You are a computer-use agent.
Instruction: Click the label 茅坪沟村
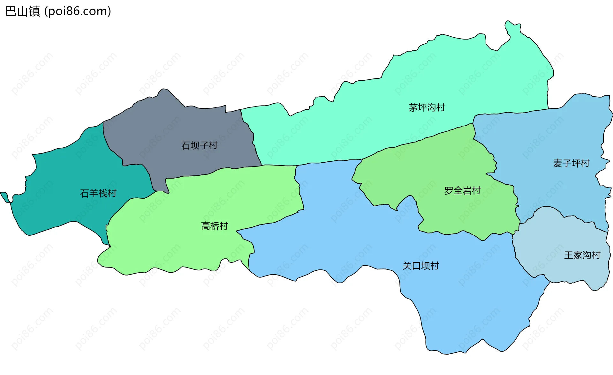click(x=427, y=107)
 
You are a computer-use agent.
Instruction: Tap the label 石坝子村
click(x=199, y=145)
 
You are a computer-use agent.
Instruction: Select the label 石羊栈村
click(x=98, y=193)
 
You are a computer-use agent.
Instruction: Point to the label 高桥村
click(x=215, y=226)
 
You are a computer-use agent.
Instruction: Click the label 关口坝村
click(x=420, y=266)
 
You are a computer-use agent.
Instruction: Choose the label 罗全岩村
click(x=462, y=191)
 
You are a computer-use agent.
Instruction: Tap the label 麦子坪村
click(x=571, y=163)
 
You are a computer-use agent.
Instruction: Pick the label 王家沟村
click(x=582, y=255)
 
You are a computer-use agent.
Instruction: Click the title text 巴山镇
click(x=23, y=11)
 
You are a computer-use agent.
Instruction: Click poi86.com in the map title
click(x=78, y=11)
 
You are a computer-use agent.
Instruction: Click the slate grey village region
click(x=179, y=128)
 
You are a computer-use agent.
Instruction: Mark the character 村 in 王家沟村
click(x=596, y=255)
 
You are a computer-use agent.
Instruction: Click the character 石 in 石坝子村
click(x=185, y=145)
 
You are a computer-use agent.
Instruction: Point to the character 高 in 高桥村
click(x=206, y=226)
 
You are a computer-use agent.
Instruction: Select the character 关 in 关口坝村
click(x=407, y=266)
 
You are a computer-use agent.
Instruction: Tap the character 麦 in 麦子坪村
click(x=558, y=163)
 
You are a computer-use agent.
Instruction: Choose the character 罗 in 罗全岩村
click(x=449, y=191)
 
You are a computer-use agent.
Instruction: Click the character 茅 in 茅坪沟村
click(x=413, y=107)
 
